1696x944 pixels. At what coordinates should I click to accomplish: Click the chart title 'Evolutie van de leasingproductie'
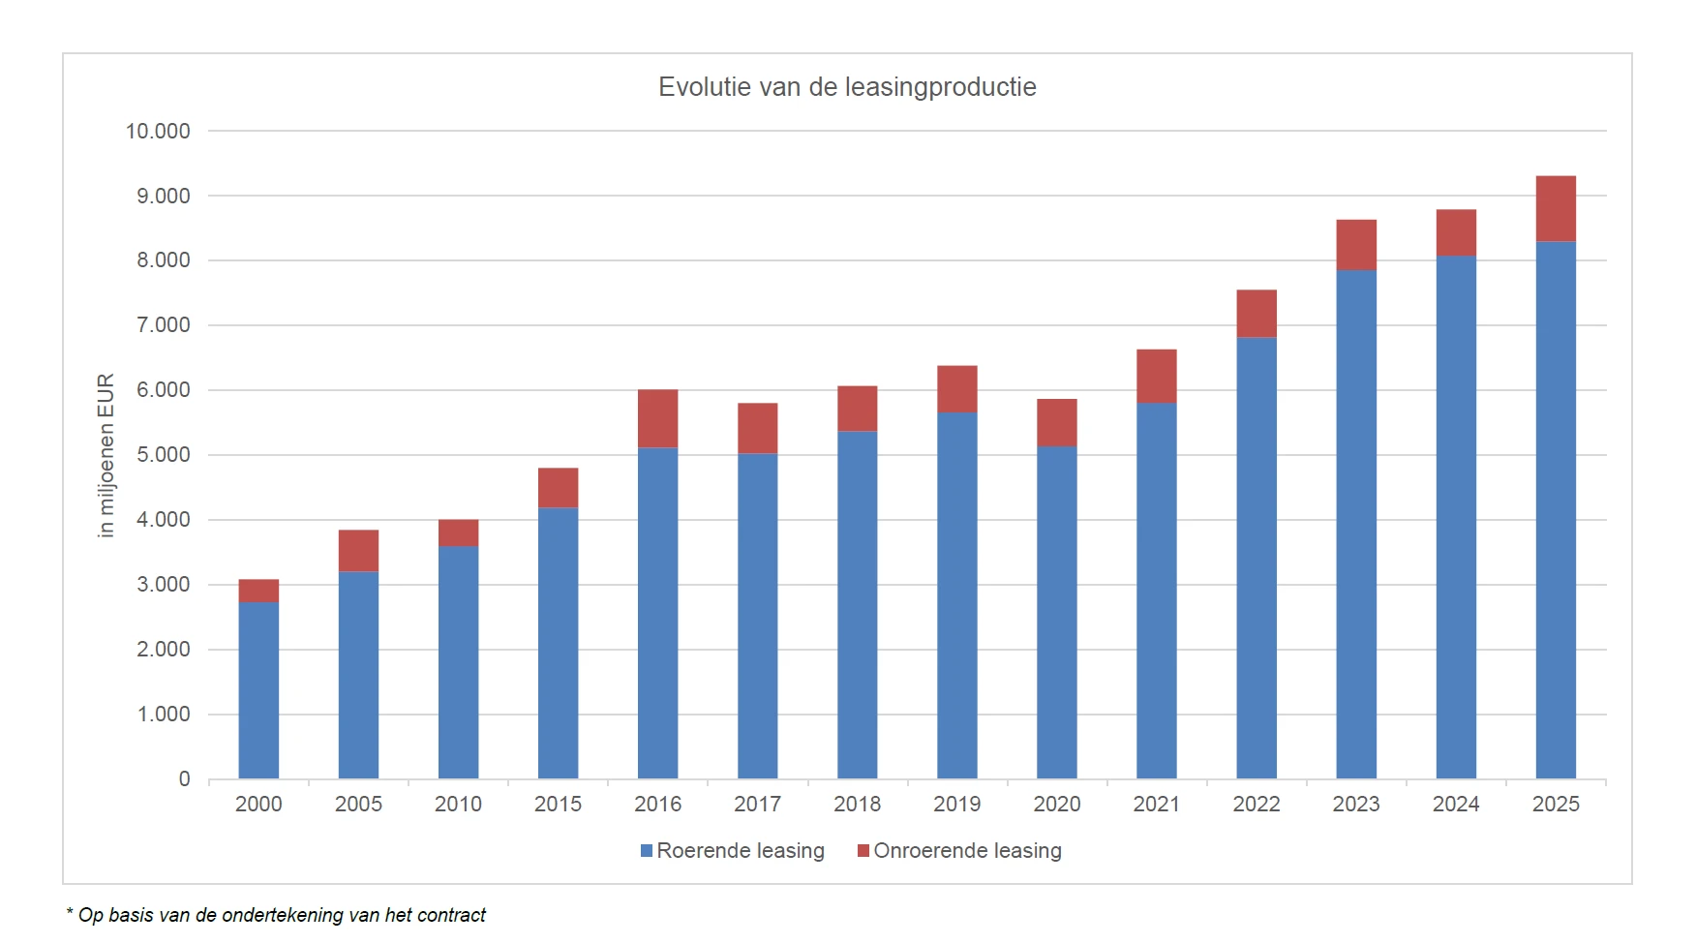pyautogui.click(x=847, y=87)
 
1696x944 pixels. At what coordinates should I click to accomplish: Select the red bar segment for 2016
pyautogui.click(x=657, y=418)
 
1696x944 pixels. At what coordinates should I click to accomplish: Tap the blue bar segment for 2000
pyautogui.click(x=258, y=689)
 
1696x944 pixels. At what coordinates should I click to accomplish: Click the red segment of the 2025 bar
pyautogui.click(x=1556, y=208)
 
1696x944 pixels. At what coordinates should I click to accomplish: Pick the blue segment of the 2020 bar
pyautogui.click(x=1056, y=612)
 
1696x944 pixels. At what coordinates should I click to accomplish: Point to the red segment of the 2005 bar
pyautogui.click(x=358, y=550)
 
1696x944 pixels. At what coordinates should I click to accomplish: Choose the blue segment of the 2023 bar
pyautogui.click(x=1356, y=524)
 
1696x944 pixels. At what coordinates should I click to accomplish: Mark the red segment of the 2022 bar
pyautogui.click(x=1257, y=314)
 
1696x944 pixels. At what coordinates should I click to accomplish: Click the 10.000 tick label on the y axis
pyautogui.click(x=158, y=131)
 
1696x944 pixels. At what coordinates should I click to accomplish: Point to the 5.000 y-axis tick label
pyautogui.click(x=164, y=455)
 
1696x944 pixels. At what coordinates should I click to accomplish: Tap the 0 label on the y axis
pyautogui.click(x=184, y=779)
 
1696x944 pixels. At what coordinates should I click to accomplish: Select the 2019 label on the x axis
pyautogui.click(x=956, y=804)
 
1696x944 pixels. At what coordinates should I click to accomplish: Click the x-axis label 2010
pyautogui.click(x=458, y=804)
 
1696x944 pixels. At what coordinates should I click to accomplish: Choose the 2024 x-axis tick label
pyautogui.click(x=1456, y=804)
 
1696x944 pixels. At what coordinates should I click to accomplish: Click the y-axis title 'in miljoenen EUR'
pyautogui.click(x=106, y=455)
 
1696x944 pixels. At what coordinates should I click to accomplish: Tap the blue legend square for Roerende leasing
pyautogui.click(x=647, y=851)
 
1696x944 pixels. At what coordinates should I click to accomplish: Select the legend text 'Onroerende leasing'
pyautogui.click(x=967, y=851)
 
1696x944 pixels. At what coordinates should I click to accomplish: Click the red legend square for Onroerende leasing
pyautogui.click(x=863, y=851)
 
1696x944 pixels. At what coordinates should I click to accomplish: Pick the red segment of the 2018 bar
pyautogui.click(x=857, y=409)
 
